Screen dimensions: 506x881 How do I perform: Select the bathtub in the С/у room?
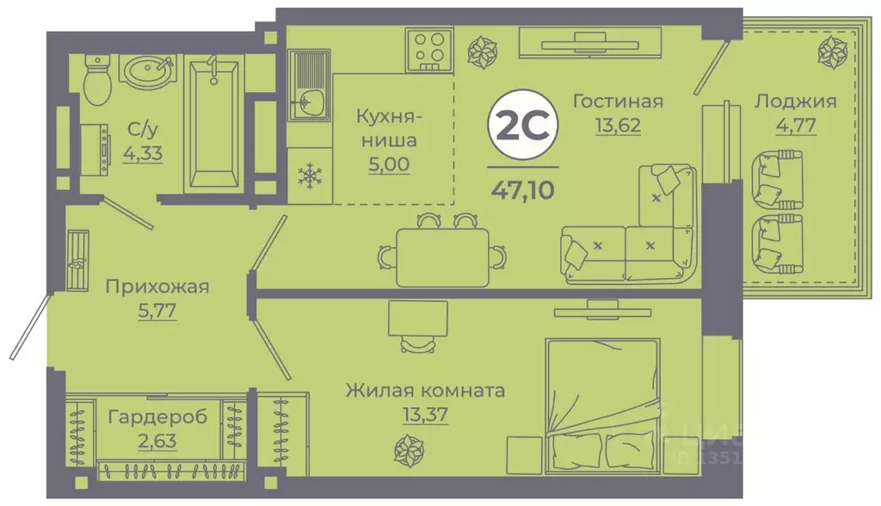coord(211,124)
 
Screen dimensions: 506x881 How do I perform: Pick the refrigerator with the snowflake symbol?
coord(307,176)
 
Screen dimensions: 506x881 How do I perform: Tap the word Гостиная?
coord(618,102)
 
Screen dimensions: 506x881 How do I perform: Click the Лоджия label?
coord(794,102)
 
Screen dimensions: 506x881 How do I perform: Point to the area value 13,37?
coord(424,415)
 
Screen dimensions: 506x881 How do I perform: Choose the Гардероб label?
coord(157,417)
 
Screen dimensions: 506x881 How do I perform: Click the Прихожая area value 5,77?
coord(157,311)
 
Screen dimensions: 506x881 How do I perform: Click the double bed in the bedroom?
coord(601,396)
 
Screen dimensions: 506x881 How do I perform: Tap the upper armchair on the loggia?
coord(776,178)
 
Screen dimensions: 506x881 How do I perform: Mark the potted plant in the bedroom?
coord(406,449)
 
